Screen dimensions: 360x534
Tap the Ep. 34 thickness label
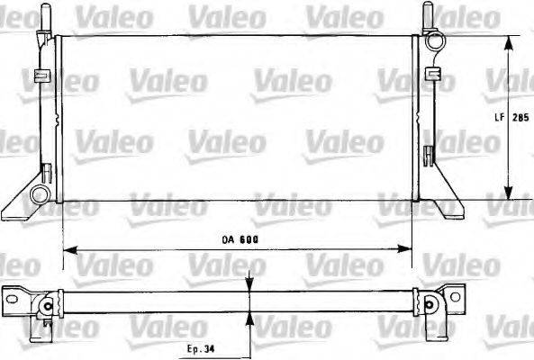tap(203, 346)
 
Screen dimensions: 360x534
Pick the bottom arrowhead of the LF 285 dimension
tap(511, 193)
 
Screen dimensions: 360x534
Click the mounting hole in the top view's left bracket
tap(12, 298)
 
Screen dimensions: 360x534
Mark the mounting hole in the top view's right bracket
tap(457, 297)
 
